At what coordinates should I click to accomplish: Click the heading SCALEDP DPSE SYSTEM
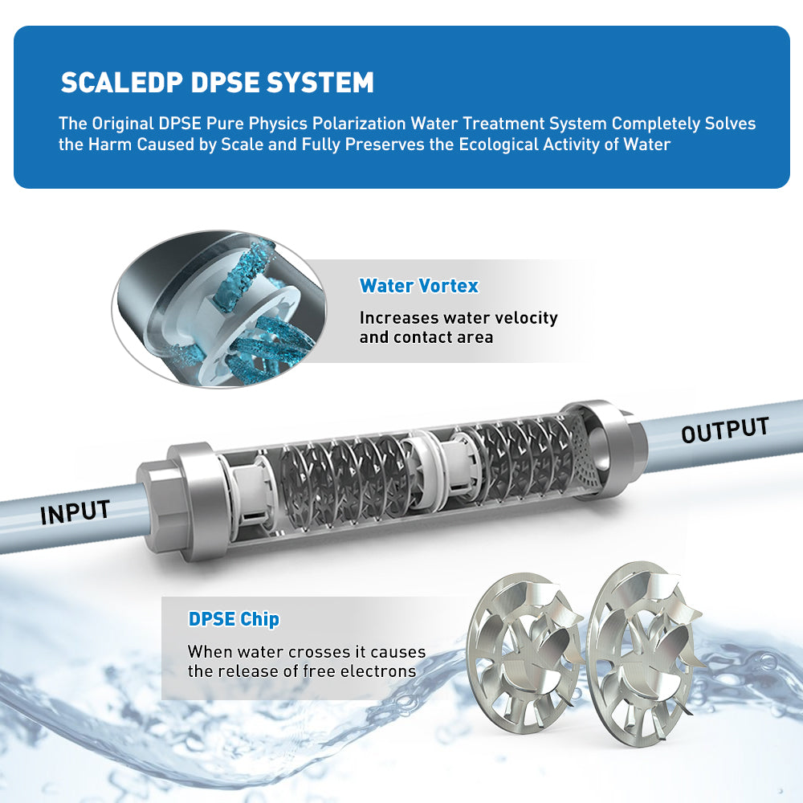coord(217,83)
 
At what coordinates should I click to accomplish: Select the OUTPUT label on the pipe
coord(725,430)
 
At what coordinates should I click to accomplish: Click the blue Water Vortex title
coord(418,286)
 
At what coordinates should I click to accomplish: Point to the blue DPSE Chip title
coord(234,619)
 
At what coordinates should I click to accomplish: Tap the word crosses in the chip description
coord(304,652)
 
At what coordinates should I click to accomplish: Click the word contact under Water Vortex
coord(423,337)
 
